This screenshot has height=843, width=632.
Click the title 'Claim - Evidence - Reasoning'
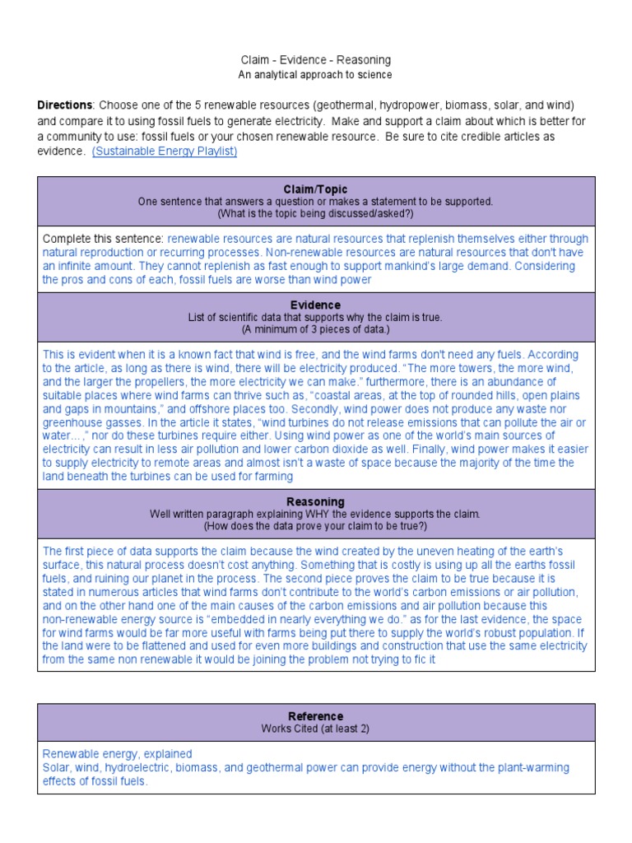tap(315, 60)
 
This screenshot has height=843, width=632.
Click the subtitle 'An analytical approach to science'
tap(315, 75)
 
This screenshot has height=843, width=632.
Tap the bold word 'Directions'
tap(64, 106)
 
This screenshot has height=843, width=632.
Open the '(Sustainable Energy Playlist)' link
tap(165, 152)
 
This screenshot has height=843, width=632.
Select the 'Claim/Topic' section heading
tap(315, 189)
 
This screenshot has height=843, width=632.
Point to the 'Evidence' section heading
tap(315, 305)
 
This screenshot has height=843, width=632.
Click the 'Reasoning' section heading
tap(315, 501)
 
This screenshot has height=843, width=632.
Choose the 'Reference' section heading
tap(315, 716)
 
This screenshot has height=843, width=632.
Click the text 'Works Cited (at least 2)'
tap(315, 729)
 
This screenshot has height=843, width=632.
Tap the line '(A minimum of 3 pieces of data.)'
tap(315, 329)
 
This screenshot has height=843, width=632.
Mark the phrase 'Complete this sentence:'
tap(103, 239)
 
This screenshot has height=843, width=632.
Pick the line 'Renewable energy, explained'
tap(117, 754)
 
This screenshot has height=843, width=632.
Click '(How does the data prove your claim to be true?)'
tap(315, 525)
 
